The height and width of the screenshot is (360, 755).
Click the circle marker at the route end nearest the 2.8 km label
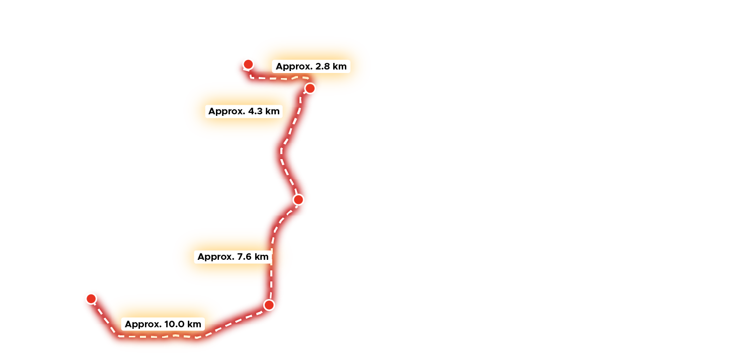[248, 64]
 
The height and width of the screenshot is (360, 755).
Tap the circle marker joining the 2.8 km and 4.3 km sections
[310, 89]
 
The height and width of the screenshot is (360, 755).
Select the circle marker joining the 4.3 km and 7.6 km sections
[298, 200]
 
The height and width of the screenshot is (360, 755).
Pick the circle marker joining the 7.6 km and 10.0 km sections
[269, 305]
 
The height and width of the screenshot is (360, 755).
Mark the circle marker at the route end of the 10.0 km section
[91, 299]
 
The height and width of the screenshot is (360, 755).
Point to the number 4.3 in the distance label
[255, 112]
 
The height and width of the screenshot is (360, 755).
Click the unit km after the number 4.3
[272, 112]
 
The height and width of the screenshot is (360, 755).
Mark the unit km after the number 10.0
[194, 324]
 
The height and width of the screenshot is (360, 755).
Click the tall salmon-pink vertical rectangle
[333, 217]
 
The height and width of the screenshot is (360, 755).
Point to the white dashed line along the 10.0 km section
[151, 336]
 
